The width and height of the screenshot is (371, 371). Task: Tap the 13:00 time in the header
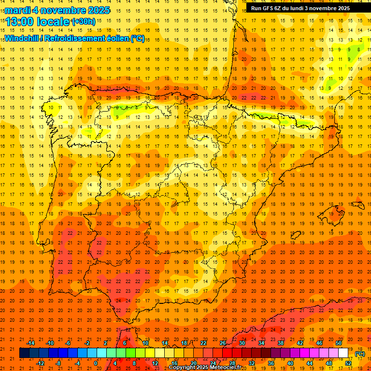click(20, 22)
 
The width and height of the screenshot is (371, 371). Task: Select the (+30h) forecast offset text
click(84, 22)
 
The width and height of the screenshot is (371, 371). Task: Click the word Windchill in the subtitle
click(22, 38)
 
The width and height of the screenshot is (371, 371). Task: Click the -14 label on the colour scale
click(30, 343)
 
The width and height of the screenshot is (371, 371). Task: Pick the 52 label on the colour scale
click(348, 363)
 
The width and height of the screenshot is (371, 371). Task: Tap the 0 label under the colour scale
click(96, 363)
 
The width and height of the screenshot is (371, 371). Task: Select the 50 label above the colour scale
click(339, 343)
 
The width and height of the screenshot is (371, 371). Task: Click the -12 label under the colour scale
click(41, 363)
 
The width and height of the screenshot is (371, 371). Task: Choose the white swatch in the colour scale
click(343, 353)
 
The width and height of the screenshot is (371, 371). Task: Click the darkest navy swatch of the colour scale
click(24, 353)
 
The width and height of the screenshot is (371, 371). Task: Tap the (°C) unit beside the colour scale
click(359, 354)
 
